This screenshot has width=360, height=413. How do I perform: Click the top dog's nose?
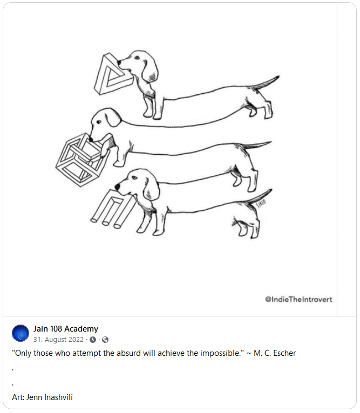(119, 63)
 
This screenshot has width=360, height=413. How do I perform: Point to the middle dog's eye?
(99, 122)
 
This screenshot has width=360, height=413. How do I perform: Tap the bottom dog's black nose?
(117, 187)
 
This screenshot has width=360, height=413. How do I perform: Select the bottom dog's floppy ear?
(151, 189)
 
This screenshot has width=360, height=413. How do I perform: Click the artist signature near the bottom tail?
(261, 204)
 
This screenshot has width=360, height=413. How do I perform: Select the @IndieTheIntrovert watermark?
(298, 299)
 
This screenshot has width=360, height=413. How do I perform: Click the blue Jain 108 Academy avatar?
(21, 333)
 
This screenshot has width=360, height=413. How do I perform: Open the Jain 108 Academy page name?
(66, 329)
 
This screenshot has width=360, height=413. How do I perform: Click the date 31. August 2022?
(58, 340)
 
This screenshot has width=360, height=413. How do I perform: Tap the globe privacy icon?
(105, 340)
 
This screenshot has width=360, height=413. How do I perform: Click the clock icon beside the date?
(93, 340)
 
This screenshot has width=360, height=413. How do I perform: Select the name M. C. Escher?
(275, 353)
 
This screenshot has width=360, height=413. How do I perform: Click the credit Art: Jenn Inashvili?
(42, 397)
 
